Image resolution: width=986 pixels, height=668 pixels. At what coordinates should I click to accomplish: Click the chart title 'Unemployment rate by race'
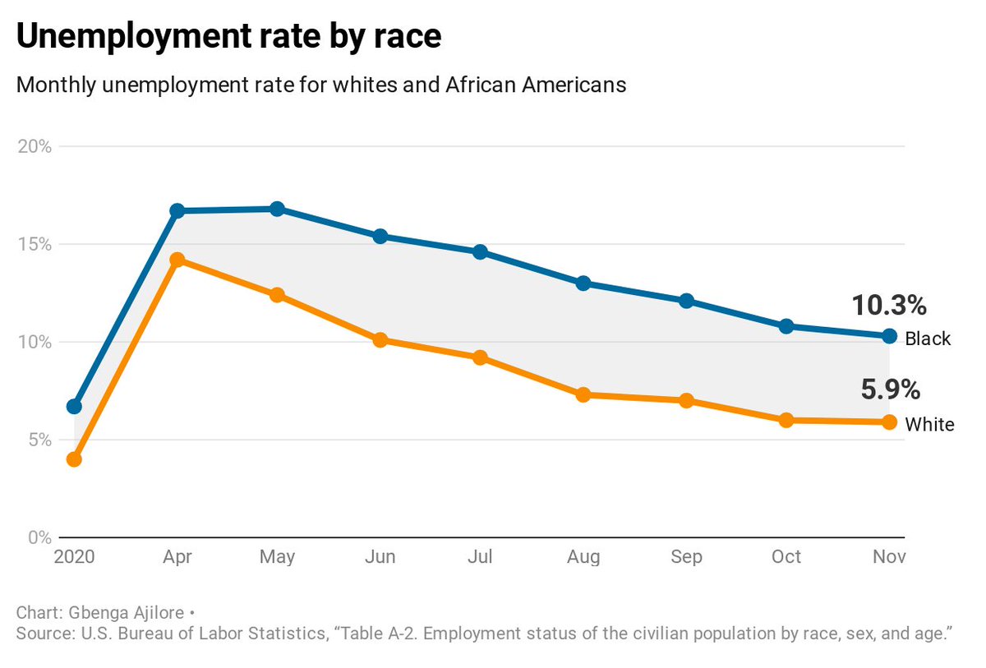(x=229, y=38)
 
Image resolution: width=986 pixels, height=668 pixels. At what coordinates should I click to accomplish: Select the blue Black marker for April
(x=177, y=211)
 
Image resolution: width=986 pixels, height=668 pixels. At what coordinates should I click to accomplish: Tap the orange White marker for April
(x=177, y=260)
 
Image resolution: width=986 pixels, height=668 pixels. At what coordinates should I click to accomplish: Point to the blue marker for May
(x=277, y=209)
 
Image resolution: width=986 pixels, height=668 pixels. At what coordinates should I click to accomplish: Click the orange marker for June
(x=380, y=340)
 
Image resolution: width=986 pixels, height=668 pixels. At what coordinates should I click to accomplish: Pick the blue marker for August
(x=583, y=283)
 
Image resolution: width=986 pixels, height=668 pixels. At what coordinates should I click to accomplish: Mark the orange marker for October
(x=786, y=420)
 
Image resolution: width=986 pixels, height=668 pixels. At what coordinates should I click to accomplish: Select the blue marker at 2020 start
(x=74, y=407)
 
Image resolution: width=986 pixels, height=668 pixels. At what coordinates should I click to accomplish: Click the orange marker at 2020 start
(x=74, y=459)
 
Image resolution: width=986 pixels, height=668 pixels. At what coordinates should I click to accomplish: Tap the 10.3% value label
(x=889, y=306)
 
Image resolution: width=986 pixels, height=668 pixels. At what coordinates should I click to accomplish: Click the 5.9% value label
(x=891, y=389)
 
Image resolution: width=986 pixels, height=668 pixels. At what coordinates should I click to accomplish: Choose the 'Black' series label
(x=928, y=339)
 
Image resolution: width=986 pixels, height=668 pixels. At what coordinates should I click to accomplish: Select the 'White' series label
(x=929, y=425)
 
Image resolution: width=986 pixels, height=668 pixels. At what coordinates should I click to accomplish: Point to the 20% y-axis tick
(x=34, y=147)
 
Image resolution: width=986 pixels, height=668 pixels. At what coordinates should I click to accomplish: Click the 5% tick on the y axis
(x=38, y=440)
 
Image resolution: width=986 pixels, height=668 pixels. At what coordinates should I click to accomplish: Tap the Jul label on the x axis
(x=480, y=557)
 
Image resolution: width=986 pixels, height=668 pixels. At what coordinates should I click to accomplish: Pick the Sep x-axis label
(x=686, y=557)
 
